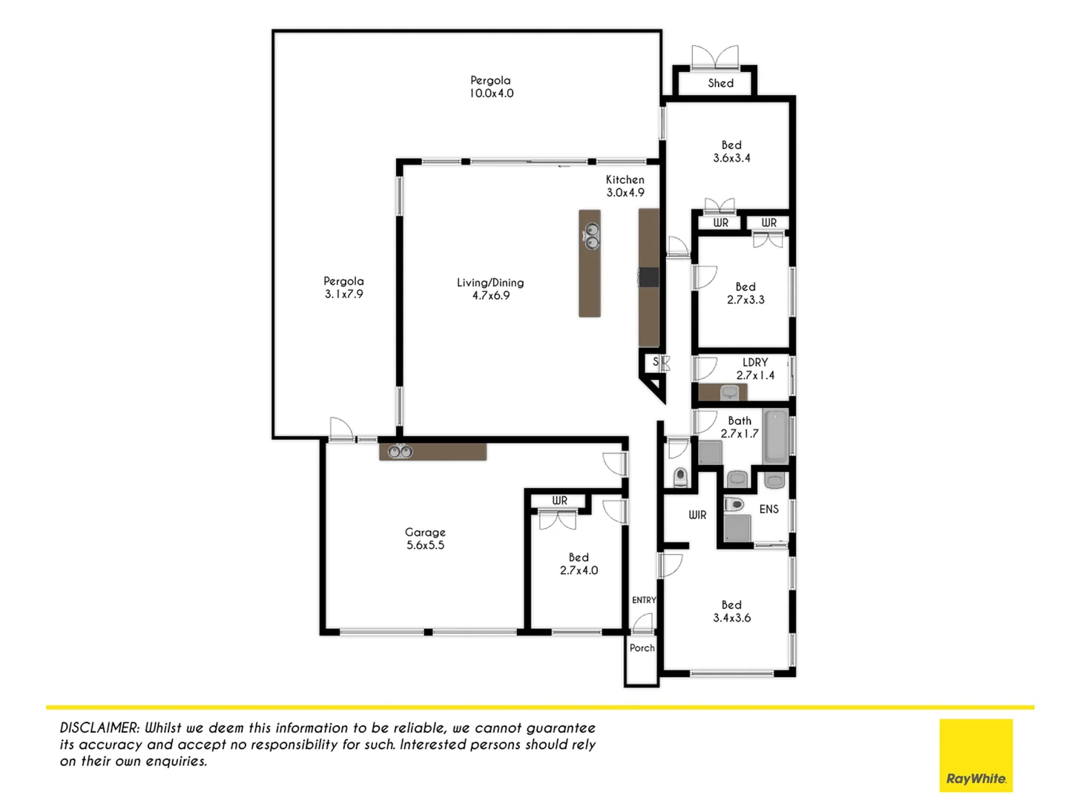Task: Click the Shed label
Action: tap(720, 83)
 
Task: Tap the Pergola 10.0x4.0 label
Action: tap(490, 87)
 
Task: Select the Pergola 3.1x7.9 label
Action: tap(343, 288)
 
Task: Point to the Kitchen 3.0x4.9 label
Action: tap(625, 186)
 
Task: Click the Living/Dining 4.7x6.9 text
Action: tap(490, 289)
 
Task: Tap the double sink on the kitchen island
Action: tap(591, 235)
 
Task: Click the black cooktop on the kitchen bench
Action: tap(649, 277)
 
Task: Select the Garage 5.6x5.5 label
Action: tap(425, 538)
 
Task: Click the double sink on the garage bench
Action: tap(400, 451)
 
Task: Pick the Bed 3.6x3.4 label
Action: tap(731, 151)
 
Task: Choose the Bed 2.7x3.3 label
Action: tap(745, 293)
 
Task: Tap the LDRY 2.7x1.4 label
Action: tap(755, 369)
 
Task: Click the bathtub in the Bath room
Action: tap(776, 435)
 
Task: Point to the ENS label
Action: tap(769, 509)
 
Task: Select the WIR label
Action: tap(697, 515)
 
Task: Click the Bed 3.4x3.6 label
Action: tap(731, 611)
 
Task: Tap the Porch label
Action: tap(642, 647)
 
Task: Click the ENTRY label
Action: tap(643, 600)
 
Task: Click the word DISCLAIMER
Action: tap(99, 728)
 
